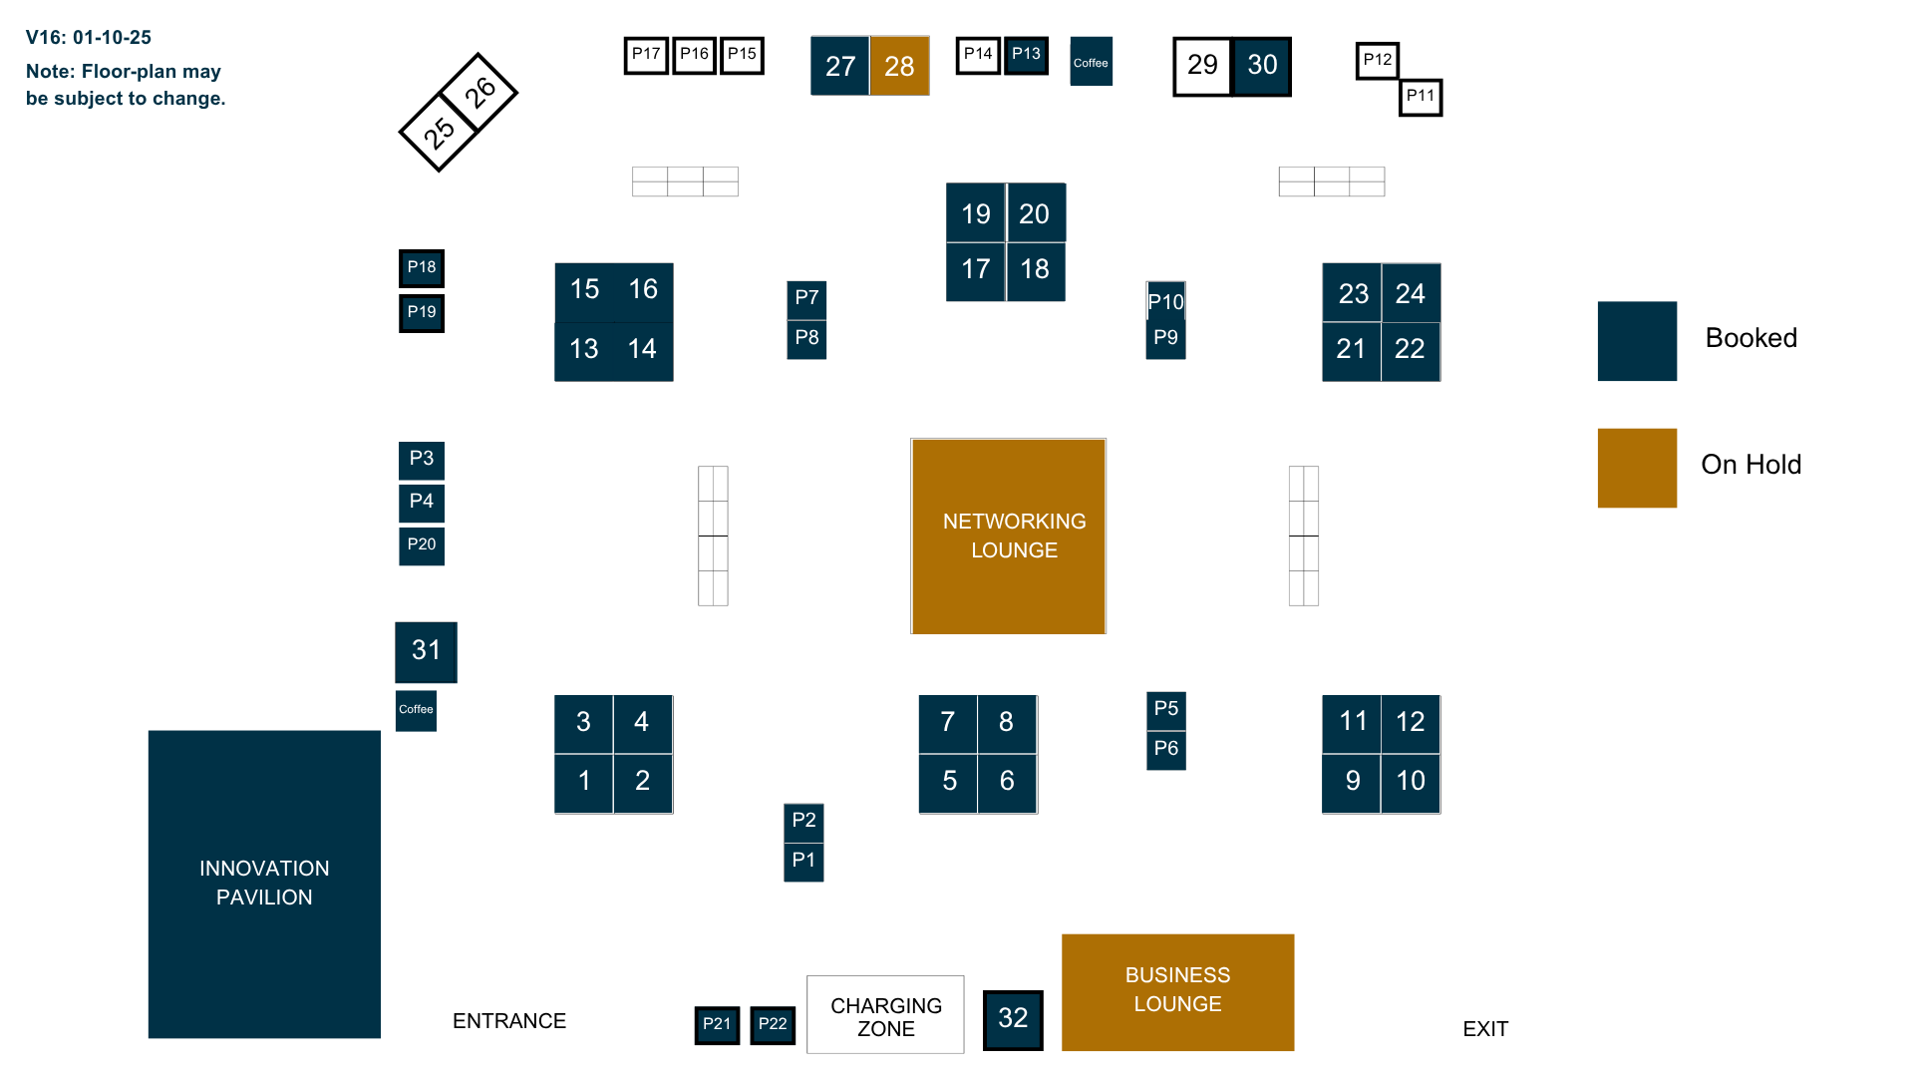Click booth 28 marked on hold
click(x=899, y=66)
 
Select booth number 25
click(x=439, y=132)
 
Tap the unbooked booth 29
click(x=1202, y=66)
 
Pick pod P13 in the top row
click(x=1026, y=55)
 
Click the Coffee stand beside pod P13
click(x=1091, y=62)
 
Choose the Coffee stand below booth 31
click(x=416, y=710)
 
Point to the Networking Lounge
click(x=1008, y=536)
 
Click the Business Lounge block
click(x=1177, y=991)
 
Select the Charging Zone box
click(x=885, y=1014)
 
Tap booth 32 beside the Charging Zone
click(x=1013, y=1019)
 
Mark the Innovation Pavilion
click(x=264, y=884)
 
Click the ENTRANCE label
click(x=509, y=1021)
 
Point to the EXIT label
click(x=1485, y=1029)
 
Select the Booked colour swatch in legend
click(x=1637, y=341)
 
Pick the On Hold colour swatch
click(x=1637, y=468)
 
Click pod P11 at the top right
click(x=1421, y=97)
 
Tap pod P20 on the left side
click(x=422, y=545)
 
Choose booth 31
click(x=426, y=652)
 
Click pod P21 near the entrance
click(x=717, y=1024)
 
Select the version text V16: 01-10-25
click(x=89, y=38)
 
